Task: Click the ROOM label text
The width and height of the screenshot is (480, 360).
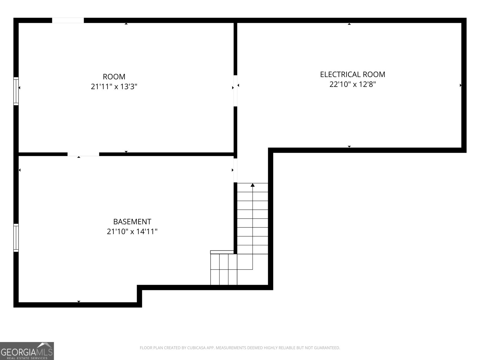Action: (114, 77)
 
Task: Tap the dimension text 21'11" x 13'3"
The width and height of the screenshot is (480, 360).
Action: (114, 87)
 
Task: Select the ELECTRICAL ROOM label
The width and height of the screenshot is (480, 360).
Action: (352, 74)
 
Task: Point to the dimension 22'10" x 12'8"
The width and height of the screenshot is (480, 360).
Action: (352, 84)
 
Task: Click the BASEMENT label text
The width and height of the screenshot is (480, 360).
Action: (132, 222)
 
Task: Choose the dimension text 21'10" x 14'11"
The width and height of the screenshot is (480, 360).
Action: (132, 232)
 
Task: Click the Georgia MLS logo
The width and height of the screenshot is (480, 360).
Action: (27, 351)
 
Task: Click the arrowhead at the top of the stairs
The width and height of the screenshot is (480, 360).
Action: (253, 185)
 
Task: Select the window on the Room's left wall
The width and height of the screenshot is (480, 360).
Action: (16, 91)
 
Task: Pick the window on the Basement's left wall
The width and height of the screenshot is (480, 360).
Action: (16, 238)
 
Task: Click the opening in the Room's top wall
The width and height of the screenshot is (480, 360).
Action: (68, 20)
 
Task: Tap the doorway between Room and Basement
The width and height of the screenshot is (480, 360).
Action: (83, 154)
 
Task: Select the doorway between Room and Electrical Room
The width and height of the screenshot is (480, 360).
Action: (235, 91)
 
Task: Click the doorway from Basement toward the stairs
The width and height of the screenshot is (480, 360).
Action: (235, 170)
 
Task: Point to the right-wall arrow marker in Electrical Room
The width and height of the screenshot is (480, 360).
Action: (460, 85)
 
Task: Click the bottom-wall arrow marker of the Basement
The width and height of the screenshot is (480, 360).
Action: (79, 301)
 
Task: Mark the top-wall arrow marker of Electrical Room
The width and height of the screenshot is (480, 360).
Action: (349, 24)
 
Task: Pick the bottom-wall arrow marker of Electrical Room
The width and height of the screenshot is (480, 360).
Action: (349, 147)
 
